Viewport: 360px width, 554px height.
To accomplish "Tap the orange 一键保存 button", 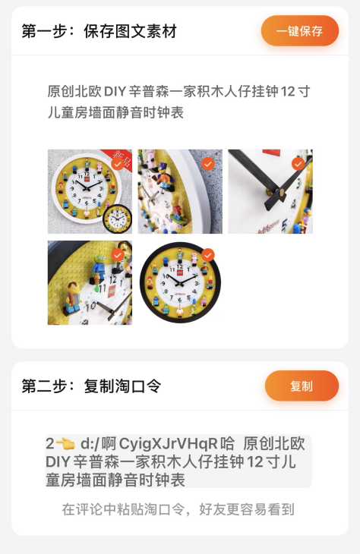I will point(299,31).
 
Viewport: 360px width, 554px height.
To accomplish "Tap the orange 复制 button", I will point(302,386).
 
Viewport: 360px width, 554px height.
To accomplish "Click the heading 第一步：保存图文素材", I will point(99,31).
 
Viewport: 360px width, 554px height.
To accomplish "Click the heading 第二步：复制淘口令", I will point(91,386).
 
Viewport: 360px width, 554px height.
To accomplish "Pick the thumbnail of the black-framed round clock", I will point(180,283).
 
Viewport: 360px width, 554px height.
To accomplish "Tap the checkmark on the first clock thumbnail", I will point(118,163).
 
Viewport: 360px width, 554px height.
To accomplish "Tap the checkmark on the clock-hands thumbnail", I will point(298,163).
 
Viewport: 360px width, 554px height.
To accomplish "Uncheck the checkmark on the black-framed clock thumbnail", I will point(208,254).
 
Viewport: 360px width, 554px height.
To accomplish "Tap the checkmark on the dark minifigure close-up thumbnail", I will point(118,255).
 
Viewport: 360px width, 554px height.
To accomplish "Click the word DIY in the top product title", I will point(115,92).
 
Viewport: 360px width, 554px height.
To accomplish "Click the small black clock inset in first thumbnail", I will point(117,219).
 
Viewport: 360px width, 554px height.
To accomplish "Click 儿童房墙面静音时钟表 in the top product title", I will point(115,112).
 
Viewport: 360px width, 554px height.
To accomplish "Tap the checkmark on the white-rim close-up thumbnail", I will point(208,163).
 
